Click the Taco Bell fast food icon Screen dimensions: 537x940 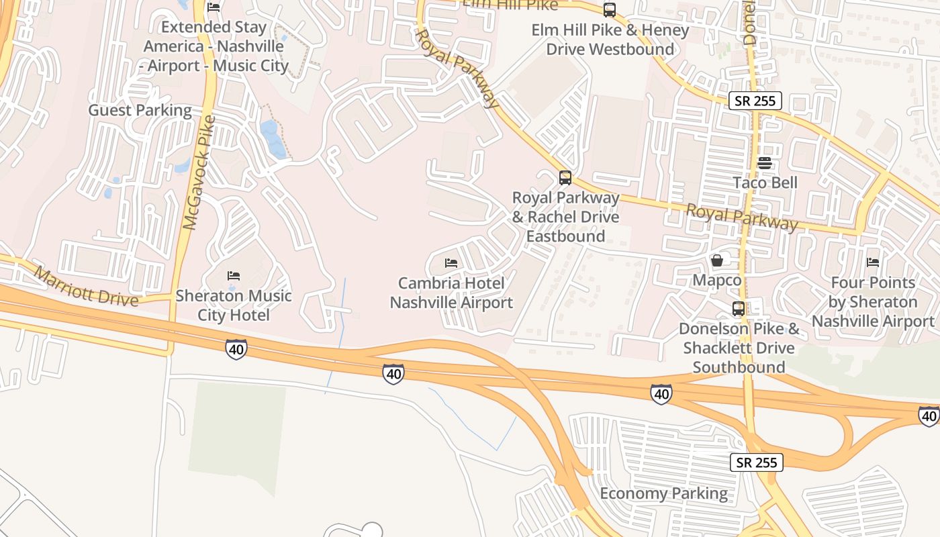pyautogui.click(x=765, y=163)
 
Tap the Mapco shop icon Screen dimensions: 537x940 pyautogui.click(x=717, y=260)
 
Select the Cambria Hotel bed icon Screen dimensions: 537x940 pyautogui.click(x=451, y=262)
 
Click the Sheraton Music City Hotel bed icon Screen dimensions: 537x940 pyautogui.click(x=234, y=275)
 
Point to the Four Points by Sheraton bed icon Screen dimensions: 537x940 pyautogui.click(x=873, y=262)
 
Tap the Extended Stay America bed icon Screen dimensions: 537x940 pyautogui.click(x=214, y=7)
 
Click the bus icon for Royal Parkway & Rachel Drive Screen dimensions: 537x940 pyautogui.click(x=565, y=178)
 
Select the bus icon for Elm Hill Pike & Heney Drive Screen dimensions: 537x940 pyautogui.click(x=609, y=10)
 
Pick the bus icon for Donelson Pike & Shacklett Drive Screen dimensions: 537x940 pyautogui.click(x=739, y=309)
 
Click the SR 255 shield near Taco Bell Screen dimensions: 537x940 pyautogui.click(x=755, y=101)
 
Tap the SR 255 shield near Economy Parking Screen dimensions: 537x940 pyautogui.click(x=757, y=462)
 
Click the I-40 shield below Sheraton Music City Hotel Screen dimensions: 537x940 pyautogui.click(x=236, y=349)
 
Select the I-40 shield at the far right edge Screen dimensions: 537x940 pyautogui.click(x=929, y=416)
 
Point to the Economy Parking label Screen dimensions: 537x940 pyautogui.click(x=663, y=494)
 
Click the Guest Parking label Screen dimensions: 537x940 pyautogui.click(x=140, y=110)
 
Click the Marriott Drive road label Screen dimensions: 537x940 pyautogui.click(x=85, y=287)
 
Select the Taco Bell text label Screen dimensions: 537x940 pyautogui.click(x=765, y=183)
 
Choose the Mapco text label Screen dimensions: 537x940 pyautogui.click(x=717, y=280)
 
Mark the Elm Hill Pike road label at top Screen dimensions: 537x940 pyautogui.click(x=510, y=5)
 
